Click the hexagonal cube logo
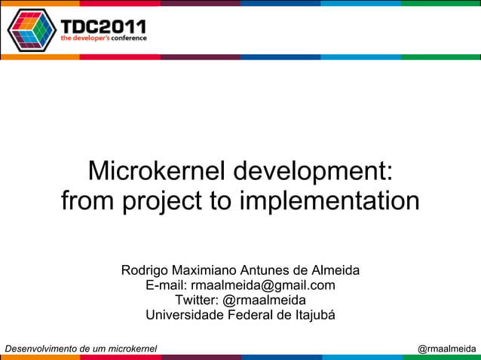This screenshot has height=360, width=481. (x=32, y=29)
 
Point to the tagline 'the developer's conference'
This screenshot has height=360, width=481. (x=103, y=38)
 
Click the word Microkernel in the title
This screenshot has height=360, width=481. (x=157, y=171)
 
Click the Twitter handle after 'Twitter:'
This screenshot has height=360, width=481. (x=265, y=300)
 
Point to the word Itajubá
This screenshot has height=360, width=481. (x=310, y=315)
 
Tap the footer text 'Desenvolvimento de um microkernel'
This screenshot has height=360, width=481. (x=81, y=349)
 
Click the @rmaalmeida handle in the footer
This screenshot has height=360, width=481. (x=446, y=349)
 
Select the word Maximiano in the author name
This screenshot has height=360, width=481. (x=205, y=270)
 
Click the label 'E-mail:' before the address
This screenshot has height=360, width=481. (x=166, y=285)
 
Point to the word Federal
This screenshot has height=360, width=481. (x=252, y=315)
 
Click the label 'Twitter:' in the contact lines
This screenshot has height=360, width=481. (x=197, y=300)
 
